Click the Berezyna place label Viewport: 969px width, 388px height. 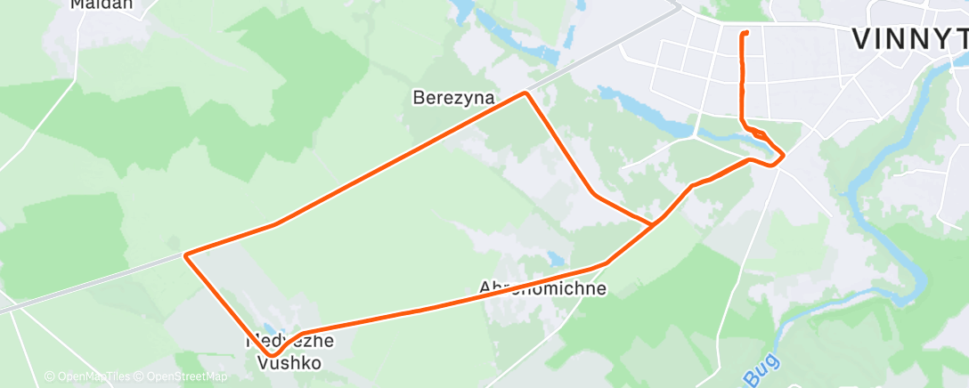coord(453,97)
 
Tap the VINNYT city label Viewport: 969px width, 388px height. coord(908,38)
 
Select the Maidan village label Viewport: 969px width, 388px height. coord(102,4)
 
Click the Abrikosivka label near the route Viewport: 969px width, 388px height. coord(543,288)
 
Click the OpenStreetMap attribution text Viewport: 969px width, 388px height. coord(182,376)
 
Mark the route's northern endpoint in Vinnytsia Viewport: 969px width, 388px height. coord(744,33)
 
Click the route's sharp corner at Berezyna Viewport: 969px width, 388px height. coord(526,93)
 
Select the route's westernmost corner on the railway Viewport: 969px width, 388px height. coord(185,255)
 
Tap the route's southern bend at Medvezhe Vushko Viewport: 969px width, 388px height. coord(272,355)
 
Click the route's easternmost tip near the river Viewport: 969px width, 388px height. coord(783,158)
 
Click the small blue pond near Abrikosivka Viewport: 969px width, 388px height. coord(556,259)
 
